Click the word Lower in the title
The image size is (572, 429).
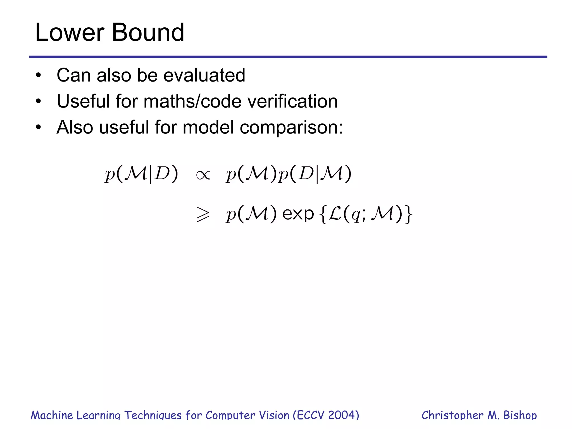coord(70,33)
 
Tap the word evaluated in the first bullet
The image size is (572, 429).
coord(204,75)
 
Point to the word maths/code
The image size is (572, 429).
coord(192,101)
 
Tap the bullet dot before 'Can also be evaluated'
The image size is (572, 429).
coord(38,75)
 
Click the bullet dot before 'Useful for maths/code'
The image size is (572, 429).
coord(38,101)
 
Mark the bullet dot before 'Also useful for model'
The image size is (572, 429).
coord(38,127)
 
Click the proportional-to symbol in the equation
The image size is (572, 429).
coord(203,175)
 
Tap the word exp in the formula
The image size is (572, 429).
coord(298,214)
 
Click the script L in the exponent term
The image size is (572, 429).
coord(335,214)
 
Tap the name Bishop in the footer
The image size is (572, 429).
coord(520,415)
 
